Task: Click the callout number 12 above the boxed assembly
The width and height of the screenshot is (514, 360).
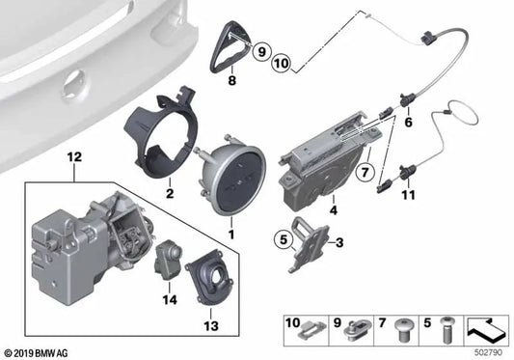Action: [x=74, y=157]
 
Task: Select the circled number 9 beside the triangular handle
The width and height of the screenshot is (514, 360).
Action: [x=261, y=51]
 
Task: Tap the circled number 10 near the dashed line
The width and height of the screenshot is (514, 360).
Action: [x=281, y=63]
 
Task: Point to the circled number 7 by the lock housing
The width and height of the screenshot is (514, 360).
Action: [x=365, y=172]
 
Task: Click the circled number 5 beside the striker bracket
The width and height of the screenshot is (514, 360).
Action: [x=284, y=239]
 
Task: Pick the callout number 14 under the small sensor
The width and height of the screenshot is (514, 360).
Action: [x=170, y=299]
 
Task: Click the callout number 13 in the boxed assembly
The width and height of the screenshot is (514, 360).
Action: [x=211, y=326]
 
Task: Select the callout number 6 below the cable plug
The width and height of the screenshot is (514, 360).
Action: [x=408, y=123]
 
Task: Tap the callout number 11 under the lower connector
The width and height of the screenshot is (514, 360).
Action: [x=408, y=195]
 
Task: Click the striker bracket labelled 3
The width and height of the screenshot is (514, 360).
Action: [x=309, y=244]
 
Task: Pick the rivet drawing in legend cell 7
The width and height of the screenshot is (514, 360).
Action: [x=403, y=330]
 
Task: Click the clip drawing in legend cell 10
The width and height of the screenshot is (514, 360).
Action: [x=312, y=330]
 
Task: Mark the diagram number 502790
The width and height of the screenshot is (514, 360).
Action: [x=488, y=352]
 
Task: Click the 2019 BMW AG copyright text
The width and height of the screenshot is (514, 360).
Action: [x=37, y=353]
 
